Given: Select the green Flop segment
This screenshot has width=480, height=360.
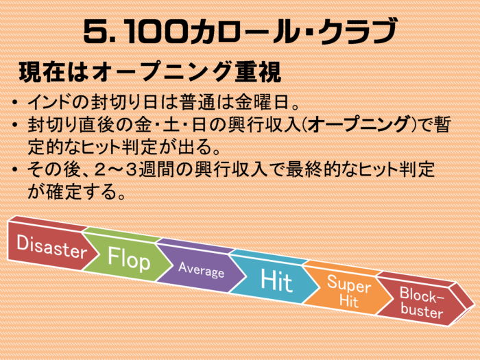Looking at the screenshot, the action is [x=127, y=258].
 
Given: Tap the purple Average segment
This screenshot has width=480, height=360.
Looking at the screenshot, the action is [x=200, y=269].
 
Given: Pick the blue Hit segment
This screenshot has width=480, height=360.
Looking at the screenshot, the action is [x=275, y=280].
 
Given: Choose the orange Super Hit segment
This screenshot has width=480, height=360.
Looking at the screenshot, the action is [x=348, y=291].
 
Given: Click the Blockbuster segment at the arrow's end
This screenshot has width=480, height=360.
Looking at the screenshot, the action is [x=422, y=302].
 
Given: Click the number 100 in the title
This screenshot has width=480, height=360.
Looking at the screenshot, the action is [x=156, y=32].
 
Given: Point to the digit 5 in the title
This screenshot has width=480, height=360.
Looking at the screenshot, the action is [x=96, y=32].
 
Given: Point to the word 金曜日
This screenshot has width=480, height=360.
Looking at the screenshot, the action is [x=262, y=101].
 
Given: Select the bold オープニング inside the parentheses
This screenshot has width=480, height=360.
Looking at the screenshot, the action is [x=357, y=124].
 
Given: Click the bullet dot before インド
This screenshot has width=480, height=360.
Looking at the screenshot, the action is [x=14, y=102].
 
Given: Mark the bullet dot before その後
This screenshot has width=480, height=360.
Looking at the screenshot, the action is [x=14, y=170].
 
